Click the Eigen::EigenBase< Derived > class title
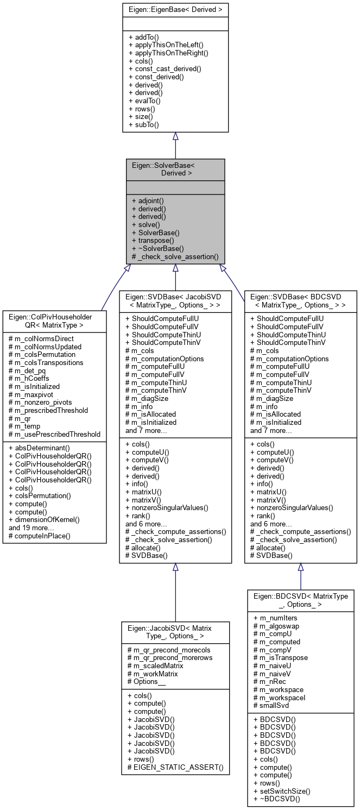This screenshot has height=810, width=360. pyautogui.click(x=175, y=9)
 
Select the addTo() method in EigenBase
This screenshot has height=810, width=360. pyautogui.click(x=144, y=37)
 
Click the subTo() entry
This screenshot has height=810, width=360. pyautogui.click(x=143, y=124)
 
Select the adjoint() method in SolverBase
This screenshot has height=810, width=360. pyautogui.click(x=148, y=200)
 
